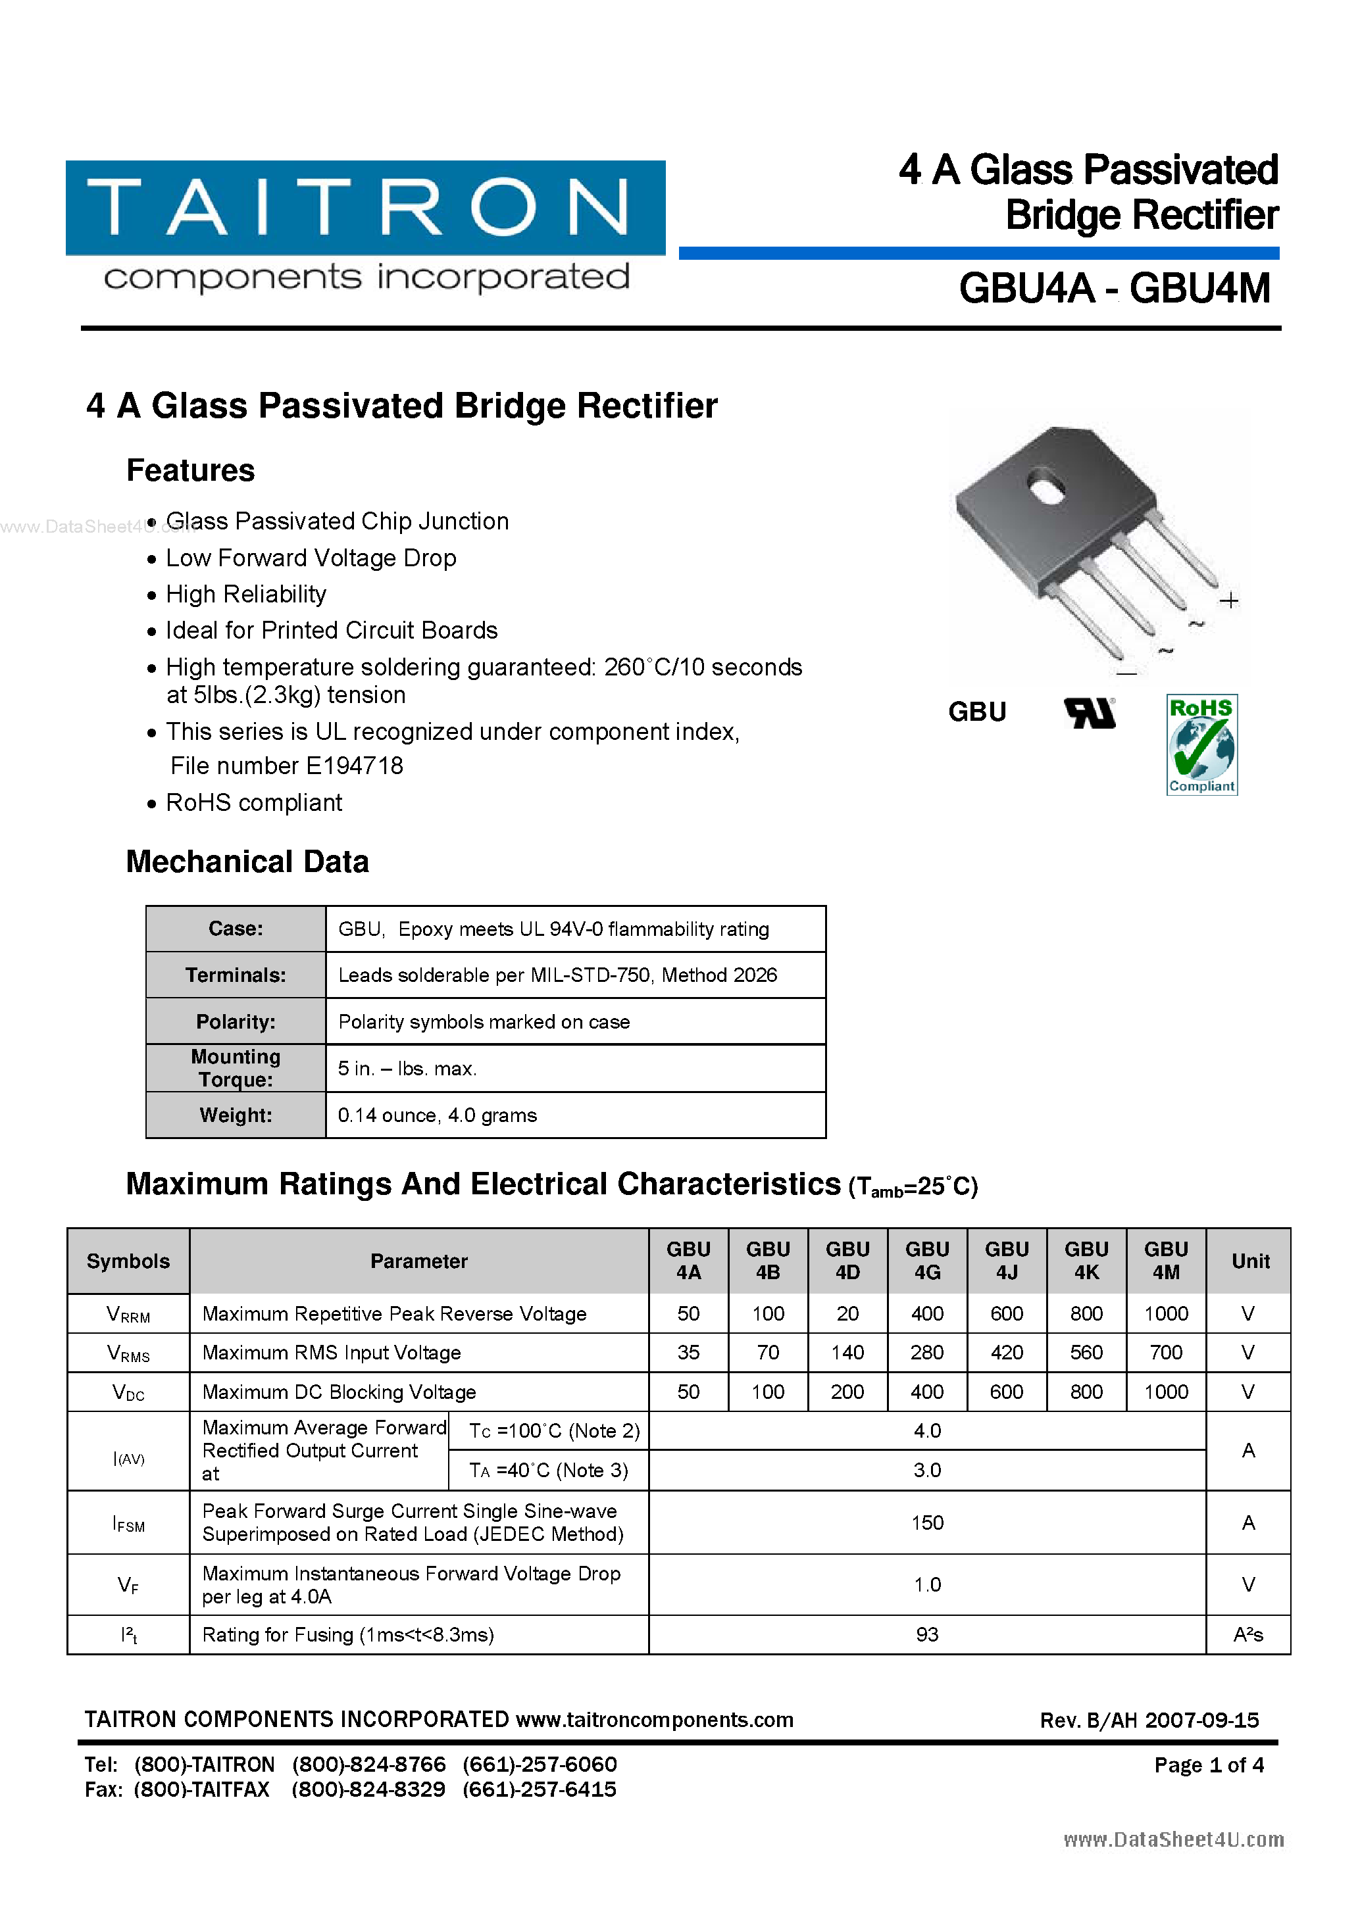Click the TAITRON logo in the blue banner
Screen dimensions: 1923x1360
click(x=365, y=207)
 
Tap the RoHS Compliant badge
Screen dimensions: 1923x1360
click(x=1201, y=744)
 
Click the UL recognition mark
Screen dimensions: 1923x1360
click(x=1090, y=713)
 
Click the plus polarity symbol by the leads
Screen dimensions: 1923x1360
click(x=1229, y=600)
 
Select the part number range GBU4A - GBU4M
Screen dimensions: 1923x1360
click(x=1115, y=289)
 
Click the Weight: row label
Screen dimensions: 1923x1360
click(x=236, y=1115)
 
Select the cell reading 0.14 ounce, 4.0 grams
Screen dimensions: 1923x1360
click(x=438, y=1115)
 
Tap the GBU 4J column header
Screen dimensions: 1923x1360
click(x=1007, y=1261)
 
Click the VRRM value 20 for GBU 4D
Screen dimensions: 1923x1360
click(x=847, y=1313)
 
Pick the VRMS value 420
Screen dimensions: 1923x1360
click(x=1007, y=1353)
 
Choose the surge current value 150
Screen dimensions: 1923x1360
click(x=927, y=1522)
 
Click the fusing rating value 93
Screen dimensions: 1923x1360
click(x=927, y=1634)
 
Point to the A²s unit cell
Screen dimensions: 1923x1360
click(x=1247, y=1634)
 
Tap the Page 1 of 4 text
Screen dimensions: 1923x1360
click(x=1208, y=1765)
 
